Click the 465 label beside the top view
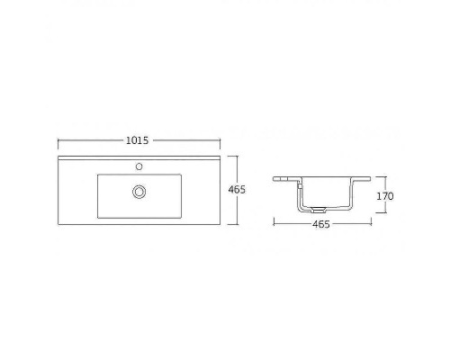pos(238,190)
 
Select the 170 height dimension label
pos(385,195)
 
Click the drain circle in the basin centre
pos(139,191)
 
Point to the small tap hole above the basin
pos(139,166)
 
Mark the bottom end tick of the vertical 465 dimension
pos(238,224)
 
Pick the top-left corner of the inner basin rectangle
pos(96,175)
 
